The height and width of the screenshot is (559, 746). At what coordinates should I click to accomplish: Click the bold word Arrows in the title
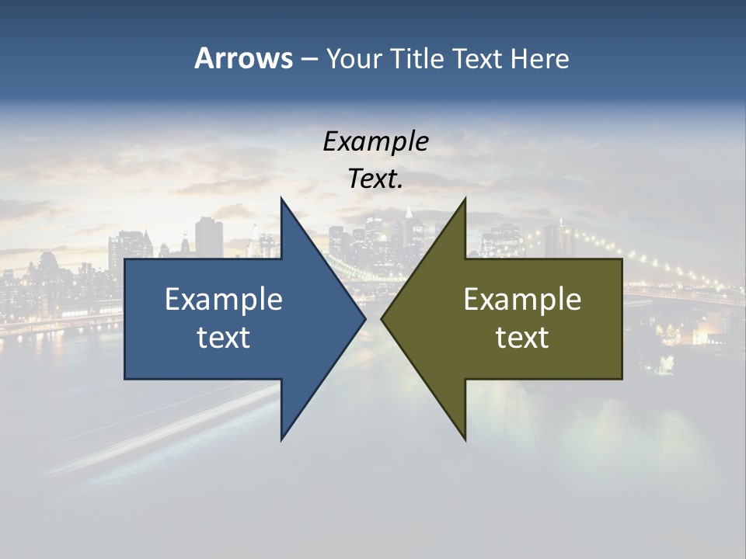[243, 58]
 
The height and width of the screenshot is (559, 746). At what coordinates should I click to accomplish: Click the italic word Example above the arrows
[375, 142]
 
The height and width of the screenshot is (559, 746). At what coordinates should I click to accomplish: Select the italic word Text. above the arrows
[375, 179]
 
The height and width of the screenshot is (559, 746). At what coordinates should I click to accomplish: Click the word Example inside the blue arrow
[224, 299]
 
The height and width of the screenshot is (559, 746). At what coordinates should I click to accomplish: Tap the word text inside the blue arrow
[224, 338]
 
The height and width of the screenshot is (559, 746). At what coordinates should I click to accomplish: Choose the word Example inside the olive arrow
[522, 299]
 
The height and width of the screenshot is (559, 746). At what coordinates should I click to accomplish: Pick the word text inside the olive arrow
[522, 338]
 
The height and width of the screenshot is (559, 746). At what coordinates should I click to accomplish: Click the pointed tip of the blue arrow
[365, 319]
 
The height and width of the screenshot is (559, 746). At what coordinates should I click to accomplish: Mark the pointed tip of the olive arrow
[382, 319]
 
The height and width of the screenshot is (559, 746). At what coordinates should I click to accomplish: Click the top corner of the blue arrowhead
[281, 198]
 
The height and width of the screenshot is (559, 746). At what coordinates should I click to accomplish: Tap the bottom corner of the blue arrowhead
[281, 440]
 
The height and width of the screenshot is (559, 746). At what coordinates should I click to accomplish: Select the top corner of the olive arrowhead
[465, 198]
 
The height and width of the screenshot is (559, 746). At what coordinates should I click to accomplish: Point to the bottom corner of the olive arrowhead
[465, 440]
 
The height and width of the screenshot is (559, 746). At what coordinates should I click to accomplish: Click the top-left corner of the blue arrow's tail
[125, 259]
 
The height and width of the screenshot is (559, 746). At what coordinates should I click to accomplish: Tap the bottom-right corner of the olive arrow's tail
[622, 379]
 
